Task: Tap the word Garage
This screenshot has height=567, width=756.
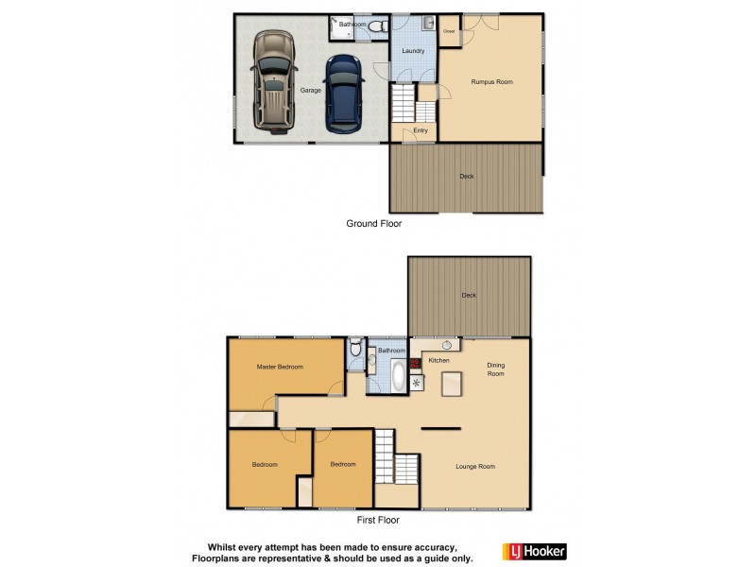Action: click(x=309, y=90)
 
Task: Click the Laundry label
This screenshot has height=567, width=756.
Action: click(x=412, y=51)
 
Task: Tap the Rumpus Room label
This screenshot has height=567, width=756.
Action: click(x=491, y=82)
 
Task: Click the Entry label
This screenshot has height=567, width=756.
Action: click(x=421, y=130)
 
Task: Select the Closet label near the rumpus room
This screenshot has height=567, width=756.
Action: click(x=450, y=31)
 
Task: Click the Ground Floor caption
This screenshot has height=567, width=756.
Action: click(x=375, y=225)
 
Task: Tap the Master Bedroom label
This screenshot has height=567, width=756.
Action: click(x=280, y=367)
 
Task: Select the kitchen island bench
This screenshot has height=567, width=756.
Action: click(x=453, y=382)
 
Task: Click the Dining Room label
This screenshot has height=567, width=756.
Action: click(x=496, y=369)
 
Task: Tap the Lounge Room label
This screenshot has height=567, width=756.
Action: click(x=475, y=466)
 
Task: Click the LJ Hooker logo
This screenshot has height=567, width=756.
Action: click(x=532, y=550)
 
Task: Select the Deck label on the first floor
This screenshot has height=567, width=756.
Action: click(x=469, y=295)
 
